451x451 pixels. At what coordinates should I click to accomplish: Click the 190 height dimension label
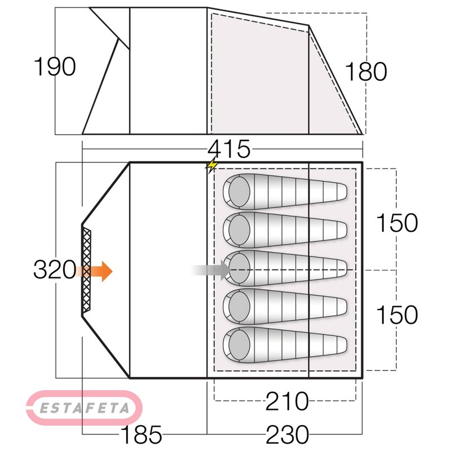[x=55, y=67]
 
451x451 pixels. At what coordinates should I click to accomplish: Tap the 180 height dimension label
[x=365, y=72]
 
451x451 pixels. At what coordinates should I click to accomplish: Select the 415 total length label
[x=229, y=149]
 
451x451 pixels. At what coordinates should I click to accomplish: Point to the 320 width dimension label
[x=55, y=269]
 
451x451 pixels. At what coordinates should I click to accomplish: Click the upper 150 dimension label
[x=397, y=223]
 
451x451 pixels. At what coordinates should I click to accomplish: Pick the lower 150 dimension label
[x=397, y=315]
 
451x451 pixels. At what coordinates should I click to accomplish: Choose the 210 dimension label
[x=287, y=401]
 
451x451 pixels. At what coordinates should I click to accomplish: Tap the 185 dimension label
[x=142, y=434]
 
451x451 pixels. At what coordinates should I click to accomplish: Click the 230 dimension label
[x=288, y=434]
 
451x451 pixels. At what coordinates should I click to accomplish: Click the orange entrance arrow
[x=95, y=271]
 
